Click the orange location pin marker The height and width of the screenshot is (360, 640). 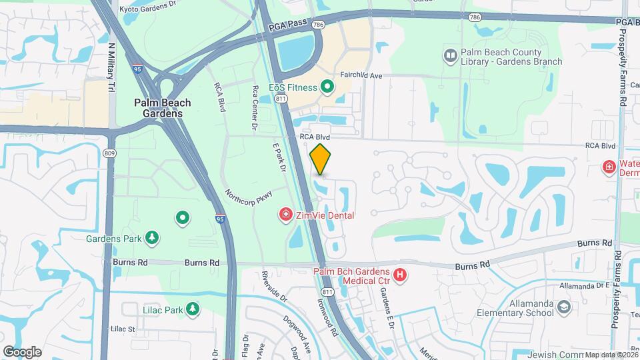[321, 159]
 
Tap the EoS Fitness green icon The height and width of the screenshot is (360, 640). [327, 87]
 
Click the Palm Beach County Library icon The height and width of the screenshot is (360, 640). [450, 54]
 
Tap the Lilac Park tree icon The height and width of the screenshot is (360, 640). [193, 309]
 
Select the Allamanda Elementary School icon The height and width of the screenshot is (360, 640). [564, 307]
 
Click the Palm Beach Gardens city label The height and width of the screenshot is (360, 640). [162, 108]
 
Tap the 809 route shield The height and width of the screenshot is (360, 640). [109, 153]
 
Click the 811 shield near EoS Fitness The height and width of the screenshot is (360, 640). [281, 99]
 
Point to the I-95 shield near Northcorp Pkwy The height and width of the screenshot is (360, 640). [220, 218]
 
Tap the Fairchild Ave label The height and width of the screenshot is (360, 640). [361, 76]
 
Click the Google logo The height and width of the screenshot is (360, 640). [22, 351]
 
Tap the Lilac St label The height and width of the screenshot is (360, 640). [123, 329]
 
